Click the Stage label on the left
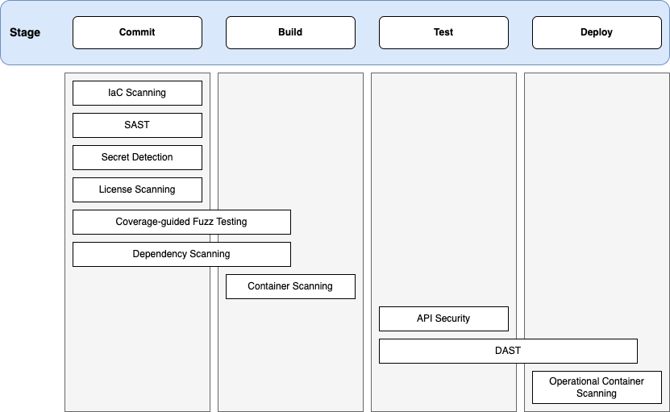[25, 33]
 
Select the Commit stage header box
[137, 33]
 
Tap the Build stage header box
[290, 33]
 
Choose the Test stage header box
[443, 33]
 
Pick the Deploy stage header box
[597, 33]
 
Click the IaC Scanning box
[137, 93]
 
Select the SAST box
[137, 125]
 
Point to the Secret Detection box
[137, 157]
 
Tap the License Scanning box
[137, 189]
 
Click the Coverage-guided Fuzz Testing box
[181, 222]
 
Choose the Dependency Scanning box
[181, 254]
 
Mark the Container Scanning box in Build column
[290, 286]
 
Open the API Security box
[443, 318]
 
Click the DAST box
[508, 351]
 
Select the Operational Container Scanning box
[597, 387]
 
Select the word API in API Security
[425, 318]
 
